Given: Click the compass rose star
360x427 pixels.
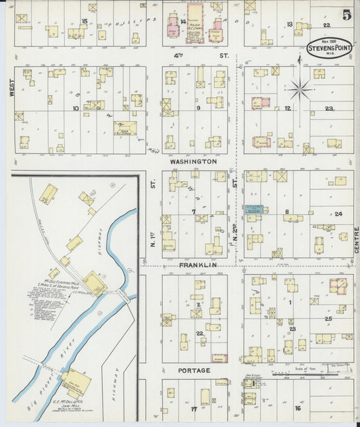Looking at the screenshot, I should [300, 87].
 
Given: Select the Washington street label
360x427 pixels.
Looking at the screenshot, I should [193, 162].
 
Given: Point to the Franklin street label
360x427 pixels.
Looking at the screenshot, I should [197, 266].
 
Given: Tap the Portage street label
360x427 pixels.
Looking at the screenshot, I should [195, 370].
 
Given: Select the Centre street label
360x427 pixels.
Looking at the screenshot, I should [355, 243].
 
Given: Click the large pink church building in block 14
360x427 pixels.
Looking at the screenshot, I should [197, 20].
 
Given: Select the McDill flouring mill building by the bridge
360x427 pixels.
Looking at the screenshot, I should [95, 284].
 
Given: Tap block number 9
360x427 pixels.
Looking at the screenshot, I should [198, 107].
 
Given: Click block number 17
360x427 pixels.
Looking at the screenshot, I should [194, 409].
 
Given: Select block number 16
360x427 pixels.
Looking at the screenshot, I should [297, 408].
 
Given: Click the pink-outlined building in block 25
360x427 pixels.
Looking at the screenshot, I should [337, 286].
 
